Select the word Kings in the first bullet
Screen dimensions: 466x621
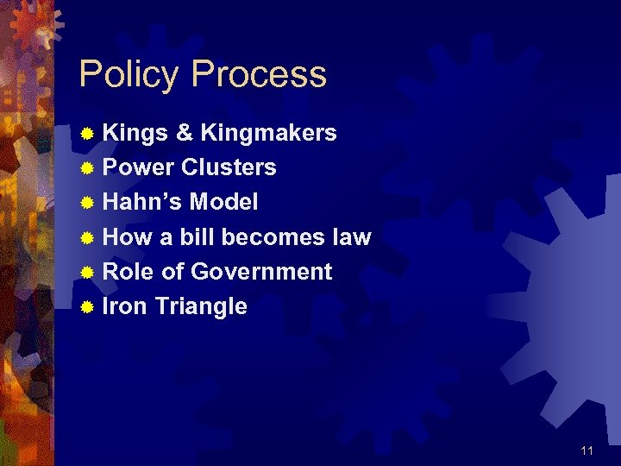135,133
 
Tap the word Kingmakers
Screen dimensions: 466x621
268,133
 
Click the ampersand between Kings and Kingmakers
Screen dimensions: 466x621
184,133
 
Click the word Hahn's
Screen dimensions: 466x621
141,202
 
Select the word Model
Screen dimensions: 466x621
223,202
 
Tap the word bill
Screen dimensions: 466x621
198,236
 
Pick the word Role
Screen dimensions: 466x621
129,272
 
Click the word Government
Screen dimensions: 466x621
261,272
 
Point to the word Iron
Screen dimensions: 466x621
125,306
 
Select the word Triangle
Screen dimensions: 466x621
201,307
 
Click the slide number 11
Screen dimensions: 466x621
586,450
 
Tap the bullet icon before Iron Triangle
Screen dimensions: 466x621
86,307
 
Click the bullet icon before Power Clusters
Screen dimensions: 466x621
86,168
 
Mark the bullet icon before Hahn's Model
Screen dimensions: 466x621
86,203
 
